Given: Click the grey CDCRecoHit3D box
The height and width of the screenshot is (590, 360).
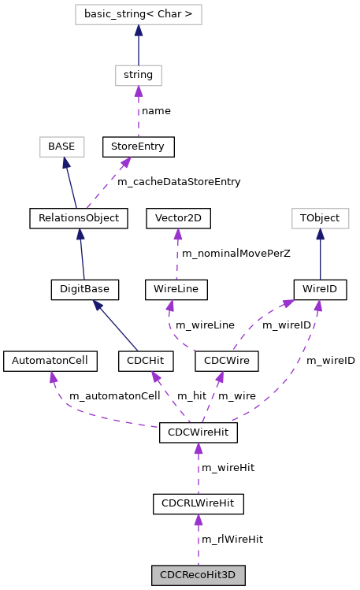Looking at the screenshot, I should click(198, 575).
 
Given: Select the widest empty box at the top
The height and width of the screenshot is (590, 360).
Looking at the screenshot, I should click(139, 14).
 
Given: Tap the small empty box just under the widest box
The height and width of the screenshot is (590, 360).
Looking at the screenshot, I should click(139, 76).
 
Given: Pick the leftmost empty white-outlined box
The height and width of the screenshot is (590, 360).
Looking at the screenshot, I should click(62, 147).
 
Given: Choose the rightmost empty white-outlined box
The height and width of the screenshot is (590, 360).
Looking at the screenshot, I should click(320, 218).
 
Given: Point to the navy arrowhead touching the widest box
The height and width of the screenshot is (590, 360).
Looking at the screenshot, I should click(139, 31).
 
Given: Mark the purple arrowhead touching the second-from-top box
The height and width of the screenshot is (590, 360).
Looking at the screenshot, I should click(139, 91).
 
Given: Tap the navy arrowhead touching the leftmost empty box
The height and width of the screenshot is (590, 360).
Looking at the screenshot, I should click(66, 163).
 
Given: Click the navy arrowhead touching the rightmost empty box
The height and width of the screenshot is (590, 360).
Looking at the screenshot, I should click(320, 235).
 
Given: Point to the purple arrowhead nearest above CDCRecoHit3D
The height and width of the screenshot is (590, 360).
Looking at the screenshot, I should click(199, 520).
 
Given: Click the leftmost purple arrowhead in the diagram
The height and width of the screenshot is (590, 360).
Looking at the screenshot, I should click(53, 377).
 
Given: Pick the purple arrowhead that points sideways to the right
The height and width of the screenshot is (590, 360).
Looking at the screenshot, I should click(288, 302).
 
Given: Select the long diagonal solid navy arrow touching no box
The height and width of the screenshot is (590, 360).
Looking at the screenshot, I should click(116, 326).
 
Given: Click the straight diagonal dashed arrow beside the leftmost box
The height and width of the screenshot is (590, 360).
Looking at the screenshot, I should click(106, 184).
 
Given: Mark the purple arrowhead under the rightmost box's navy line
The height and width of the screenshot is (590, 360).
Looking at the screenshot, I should click(318, 306).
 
